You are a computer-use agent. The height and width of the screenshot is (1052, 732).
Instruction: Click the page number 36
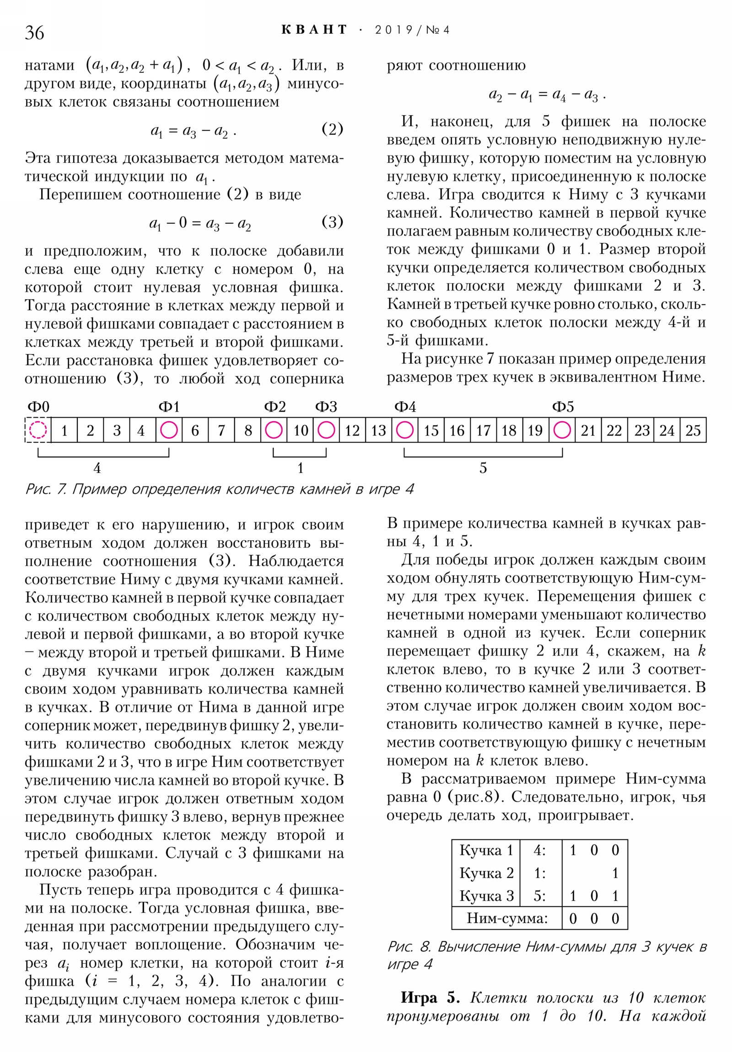[x=34, y=33]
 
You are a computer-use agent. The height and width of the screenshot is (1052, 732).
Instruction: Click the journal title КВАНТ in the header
[x=314, y=30]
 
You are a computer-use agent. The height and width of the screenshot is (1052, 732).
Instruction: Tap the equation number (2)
[x=332, y=129]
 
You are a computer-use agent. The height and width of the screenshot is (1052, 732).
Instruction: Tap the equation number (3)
[x=332, y=222]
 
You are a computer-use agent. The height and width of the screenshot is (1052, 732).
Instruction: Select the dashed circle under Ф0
[x=38, y=430]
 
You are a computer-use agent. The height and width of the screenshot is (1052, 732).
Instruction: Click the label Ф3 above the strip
[x=326, y=407]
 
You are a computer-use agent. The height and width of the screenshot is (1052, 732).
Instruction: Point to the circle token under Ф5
[x=562, y=430]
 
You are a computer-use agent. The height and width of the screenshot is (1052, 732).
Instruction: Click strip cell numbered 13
[x=379, y=431]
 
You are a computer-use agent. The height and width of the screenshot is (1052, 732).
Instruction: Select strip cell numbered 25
[x=693, y=431]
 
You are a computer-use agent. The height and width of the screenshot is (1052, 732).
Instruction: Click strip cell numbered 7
[x=221, y=431]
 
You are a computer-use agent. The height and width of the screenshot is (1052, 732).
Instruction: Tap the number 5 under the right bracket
[x=483, y=468]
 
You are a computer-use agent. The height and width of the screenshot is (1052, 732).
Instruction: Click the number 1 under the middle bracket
[x=300, y=468]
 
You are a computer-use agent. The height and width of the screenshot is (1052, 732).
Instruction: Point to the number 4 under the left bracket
[x=97, y=468]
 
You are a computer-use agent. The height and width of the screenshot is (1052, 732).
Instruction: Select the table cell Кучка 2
[x=486, y=873]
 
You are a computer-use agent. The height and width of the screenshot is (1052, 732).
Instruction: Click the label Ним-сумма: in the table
[x=507, y=918]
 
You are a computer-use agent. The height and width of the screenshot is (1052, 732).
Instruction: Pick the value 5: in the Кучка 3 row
[x=539, y=896]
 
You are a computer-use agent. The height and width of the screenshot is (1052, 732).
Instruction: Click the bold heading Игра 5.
[x=430, y=998]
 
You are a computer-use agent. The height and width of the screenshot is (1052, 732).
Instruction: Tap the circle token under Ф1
[x=169, y=430]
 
